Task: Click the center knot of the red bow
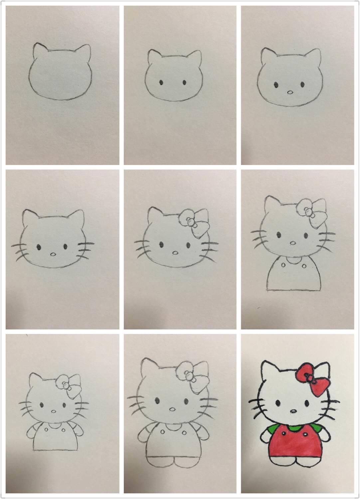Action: [x=309, y=378]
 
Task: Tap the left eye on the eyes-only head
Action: [x=161, y=83]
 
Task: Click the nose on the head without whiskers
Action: [x=290, y=92]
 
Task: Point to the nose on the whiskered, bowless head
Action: [x=53, y=254]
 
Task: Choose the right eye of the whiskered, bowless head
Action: [x=65, y=247]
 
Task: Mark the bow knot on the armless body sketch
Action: [x=308, y=212]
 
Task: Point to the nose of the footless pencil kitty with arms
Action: [x=54, y=412]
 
